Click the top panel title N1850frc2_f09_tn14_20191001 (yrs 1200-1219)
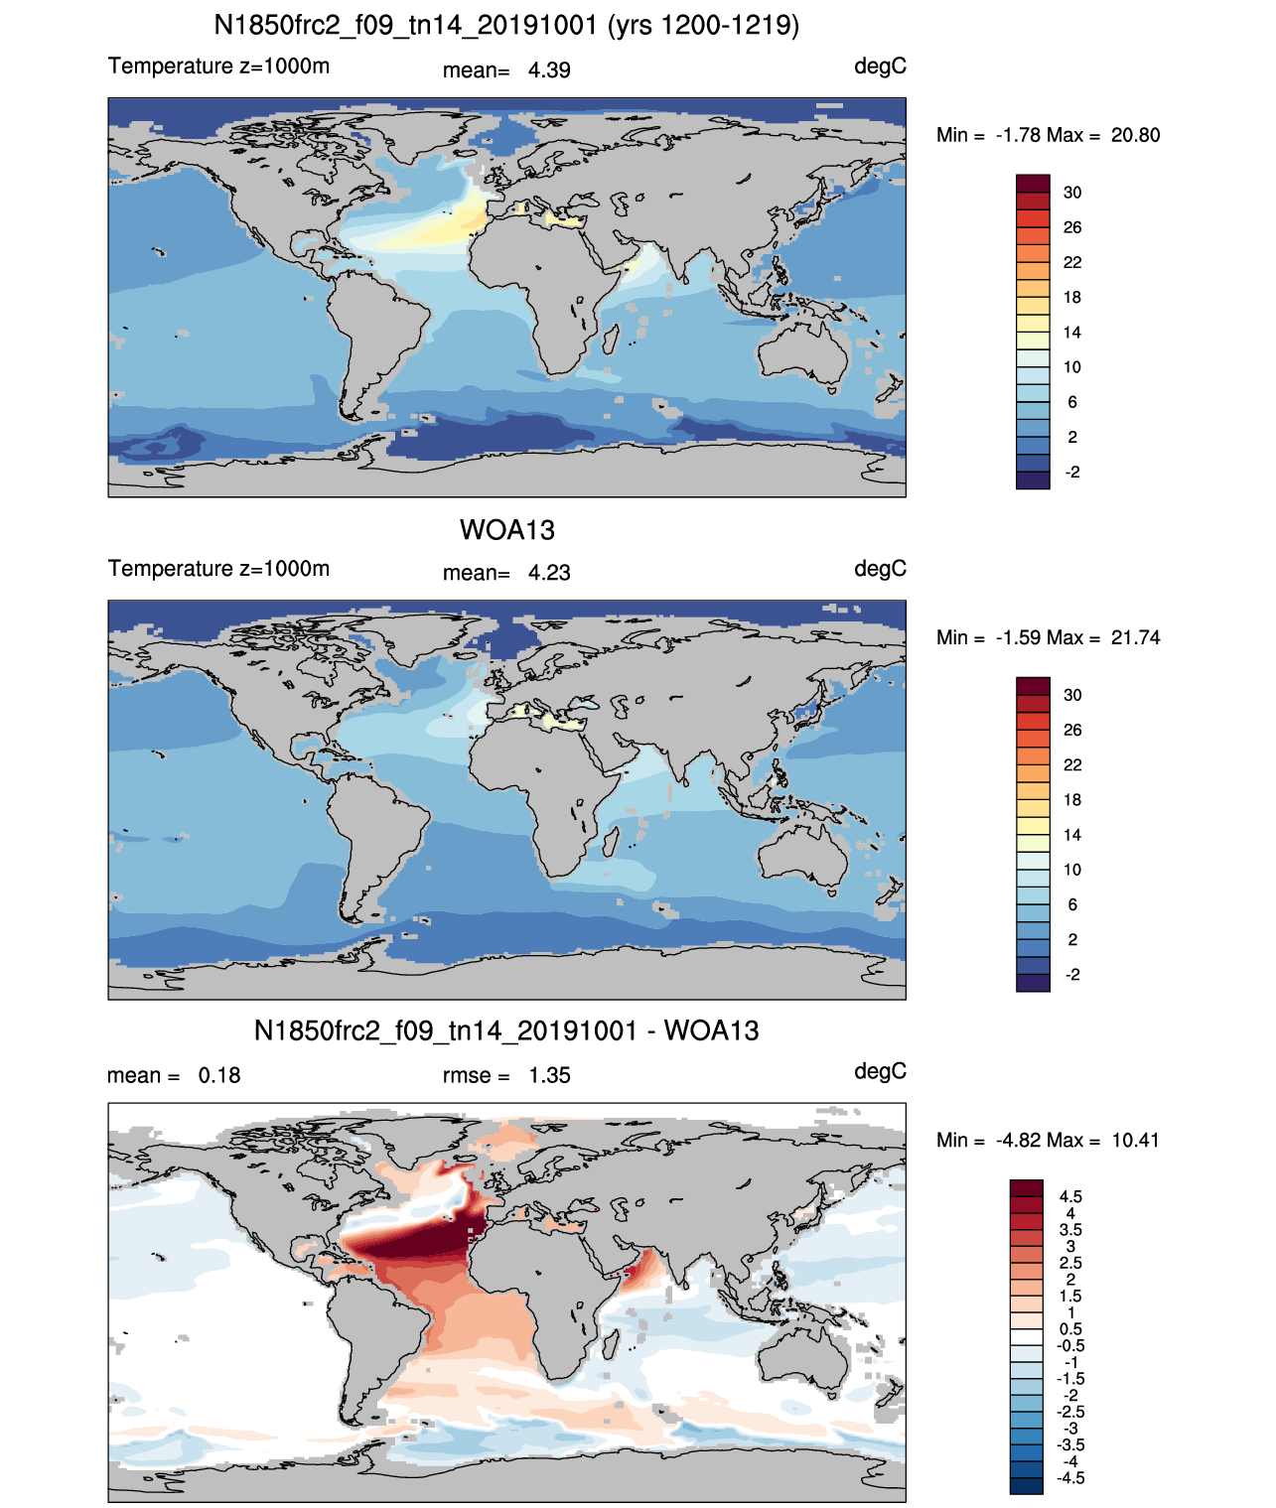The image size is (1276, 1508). (506, 25)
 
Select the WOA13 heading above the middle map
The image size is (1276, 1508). (506, 530)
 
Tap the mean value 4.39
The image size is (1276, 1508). (549, 70)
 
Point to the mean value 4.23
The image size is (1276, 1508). (549, 573)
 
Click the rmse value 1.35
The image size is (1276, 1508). (549, 1075)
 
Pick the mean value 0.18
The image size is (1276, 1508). (219, 1075)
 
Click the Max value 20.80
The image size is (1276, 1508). (1135, 135)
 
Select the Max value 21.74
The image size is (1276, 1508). (1135, 637)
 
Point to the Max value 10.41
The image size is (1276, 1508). (1135, 1140)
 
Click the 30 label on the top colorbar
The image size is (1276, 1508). (1072, 193)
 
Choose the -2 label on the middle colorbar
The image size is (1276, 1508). (1072, 975)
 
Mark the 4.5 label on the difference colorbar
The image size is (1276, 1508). (1070, 1197)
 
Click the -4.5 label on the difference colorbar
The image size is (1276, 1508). (1070, 1478)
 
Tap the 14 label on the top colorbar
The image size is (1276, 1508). (1072, 333)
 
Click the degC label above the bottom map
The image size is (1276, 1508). (880, 1071)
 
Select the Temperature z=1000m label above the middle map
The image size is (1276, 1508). (218, 569)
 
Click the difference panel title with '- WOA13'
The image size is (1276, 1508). (506, 1030)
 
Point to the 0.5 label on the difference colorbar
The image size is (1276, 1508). (1070, 1329)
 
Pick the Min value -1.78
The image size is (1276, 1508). (1019, 135)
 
